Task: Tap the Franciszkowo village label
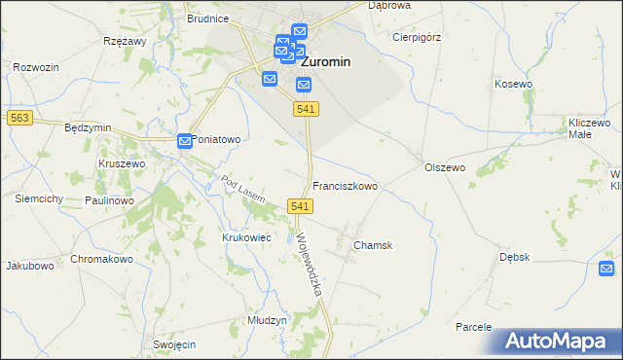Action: pyautogui.click(x=345, y=185)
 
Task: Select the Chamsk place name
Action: pyautogui.click(x=373, y=246)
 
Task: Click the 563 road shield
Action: pyautogui.click(x=18, y=118)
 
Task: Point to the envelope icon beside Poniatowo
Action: pyautogui.click(x=185, y=142)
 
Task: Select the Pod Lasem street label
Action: pyautogui.click(x=243, y=189)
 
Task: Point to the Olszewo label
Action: pyautogui.click(x=445, y=167)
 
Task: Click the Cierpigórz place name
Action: pyautogui.click(x=418, y=37)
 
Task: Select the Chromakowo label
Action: pyautogui.click(x=101, y=260)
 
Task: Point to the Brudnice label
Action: pyautogui.click(x=208, y=18)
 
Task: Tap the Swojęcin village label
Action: pyautogui.click(x=175, y=345)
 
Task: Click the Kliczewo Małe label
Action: pyautogui.click(x=589, y=130)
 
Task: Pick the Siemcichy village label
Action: pyautogui.click(x=39, y=198)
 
